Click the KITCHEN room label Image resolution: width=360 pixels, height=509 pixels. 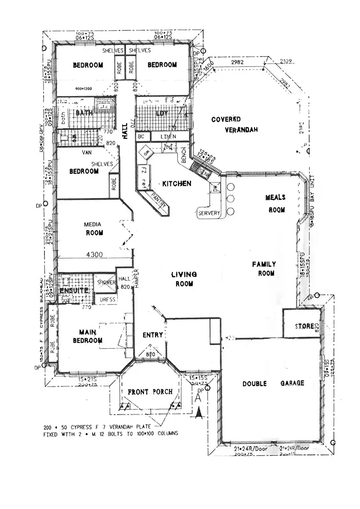click(x=177, y=183)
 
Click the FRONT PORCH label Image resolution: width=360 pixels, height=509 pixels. click(x=150, y=392)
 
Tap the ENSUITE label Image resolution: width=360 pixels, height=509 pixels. click(x=73, y=291)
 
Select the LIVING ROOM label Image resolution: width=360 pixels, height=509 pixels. click(x=184, y=279)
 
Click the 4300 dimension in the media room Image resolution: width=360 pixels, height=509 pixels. click(x=95, y=254)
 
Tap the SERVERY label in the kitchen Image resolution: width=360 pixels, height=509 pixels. click(x=209, y=213)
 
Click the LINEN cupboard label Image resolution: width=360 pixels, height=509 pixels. click(x=168, y=137)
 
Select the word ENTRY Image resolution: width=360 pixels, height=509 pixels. click(x=153, y=335)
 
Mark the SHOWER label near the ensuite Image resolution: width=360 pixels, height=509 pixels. click(x=106, y=283)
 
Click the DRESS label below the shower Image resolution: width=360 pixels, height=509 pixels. click(x=107, y=299)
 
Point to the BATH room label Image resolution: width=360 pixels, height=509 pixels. click(x=84, y=113)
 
